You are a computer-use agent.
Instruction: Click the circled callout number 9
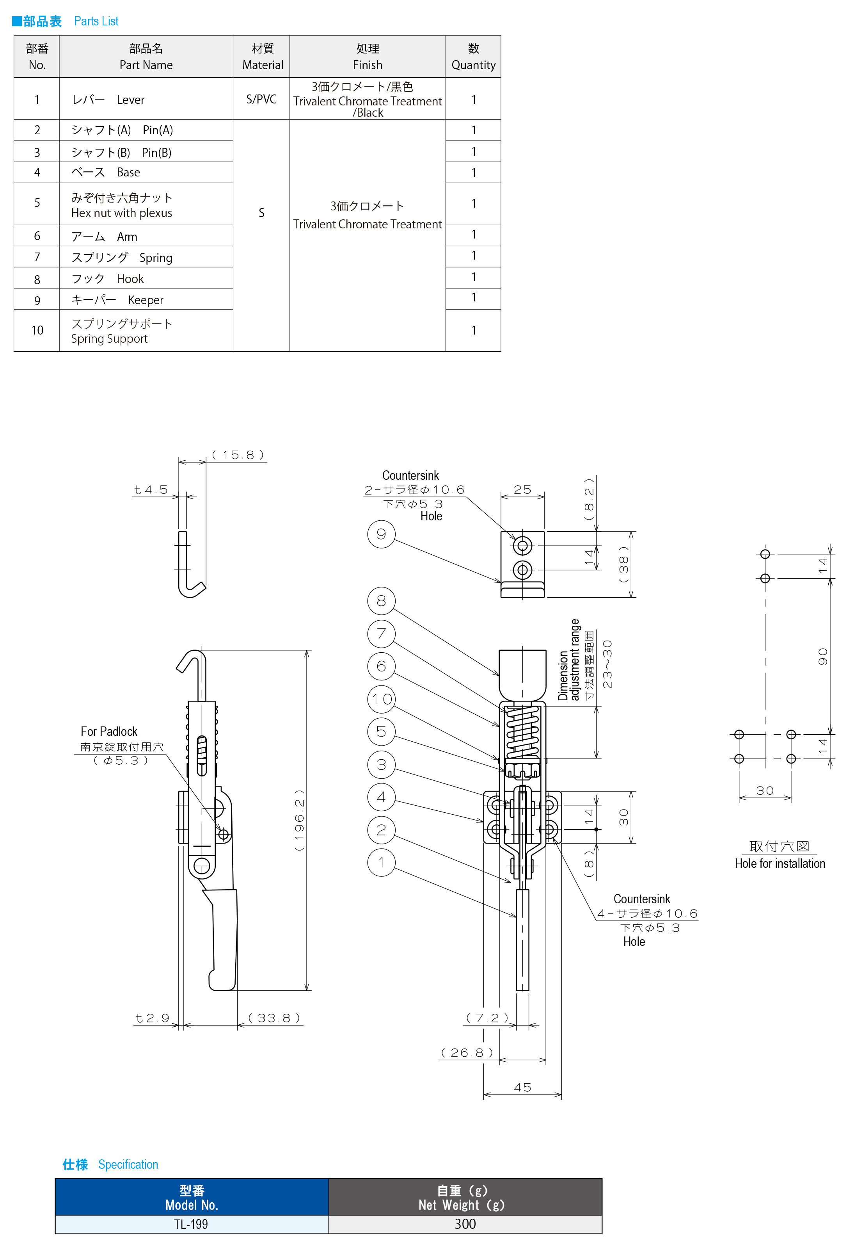tap(381, 534)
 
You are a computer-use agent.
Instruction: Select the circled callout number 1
tap(381, 862)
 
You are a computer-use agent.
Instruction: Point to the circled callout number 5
tap(381, 732)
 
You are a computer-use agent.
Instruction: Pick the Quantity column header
tap(473, 57)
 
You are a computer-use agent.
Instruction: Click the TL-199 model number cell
tap(192, 1224)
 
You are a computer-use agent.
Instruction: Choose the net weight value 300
tap(465, 1224)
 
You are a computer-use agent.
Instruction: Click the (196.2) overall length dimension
tap(299, 820)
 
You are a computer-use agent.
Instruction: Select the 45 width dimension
tap(522, 1087)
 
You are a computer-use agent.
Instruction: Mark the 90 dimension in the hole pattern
tap(822, 656)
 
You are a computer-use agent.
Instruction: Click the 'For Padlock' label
tap(109, 732)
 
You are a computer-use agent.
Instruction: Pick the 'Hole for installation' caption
tap(780, 863)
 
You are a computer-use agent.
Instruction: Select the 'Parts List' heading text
tap(96, 21)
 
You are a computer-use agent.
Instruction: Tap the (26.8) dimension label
tap(467, 1053)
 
